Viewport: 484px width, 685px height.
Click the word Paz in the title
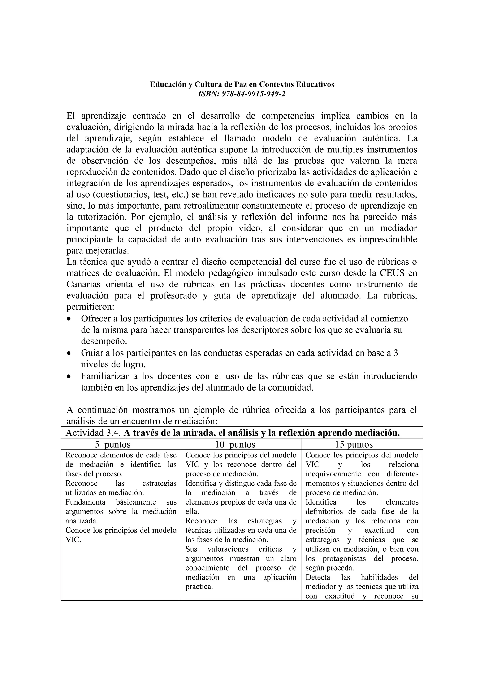[241, 84]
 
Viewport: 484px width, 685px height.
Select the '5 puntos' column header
[113, 444]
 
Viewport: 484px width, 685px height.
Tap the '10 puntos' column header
[235, 444]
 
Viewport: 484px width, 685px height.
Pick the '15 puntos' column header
[354, 444]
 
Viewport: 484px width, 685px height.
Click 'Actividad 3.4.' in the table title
[93, 433]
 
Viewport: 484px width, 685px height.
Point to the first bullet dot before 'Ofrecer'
[69, 319]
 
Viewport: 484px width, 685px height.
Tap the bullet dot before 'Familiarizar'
[69, 377]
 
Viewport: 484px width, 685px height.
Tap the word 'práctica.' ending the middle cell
[199, 587]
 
